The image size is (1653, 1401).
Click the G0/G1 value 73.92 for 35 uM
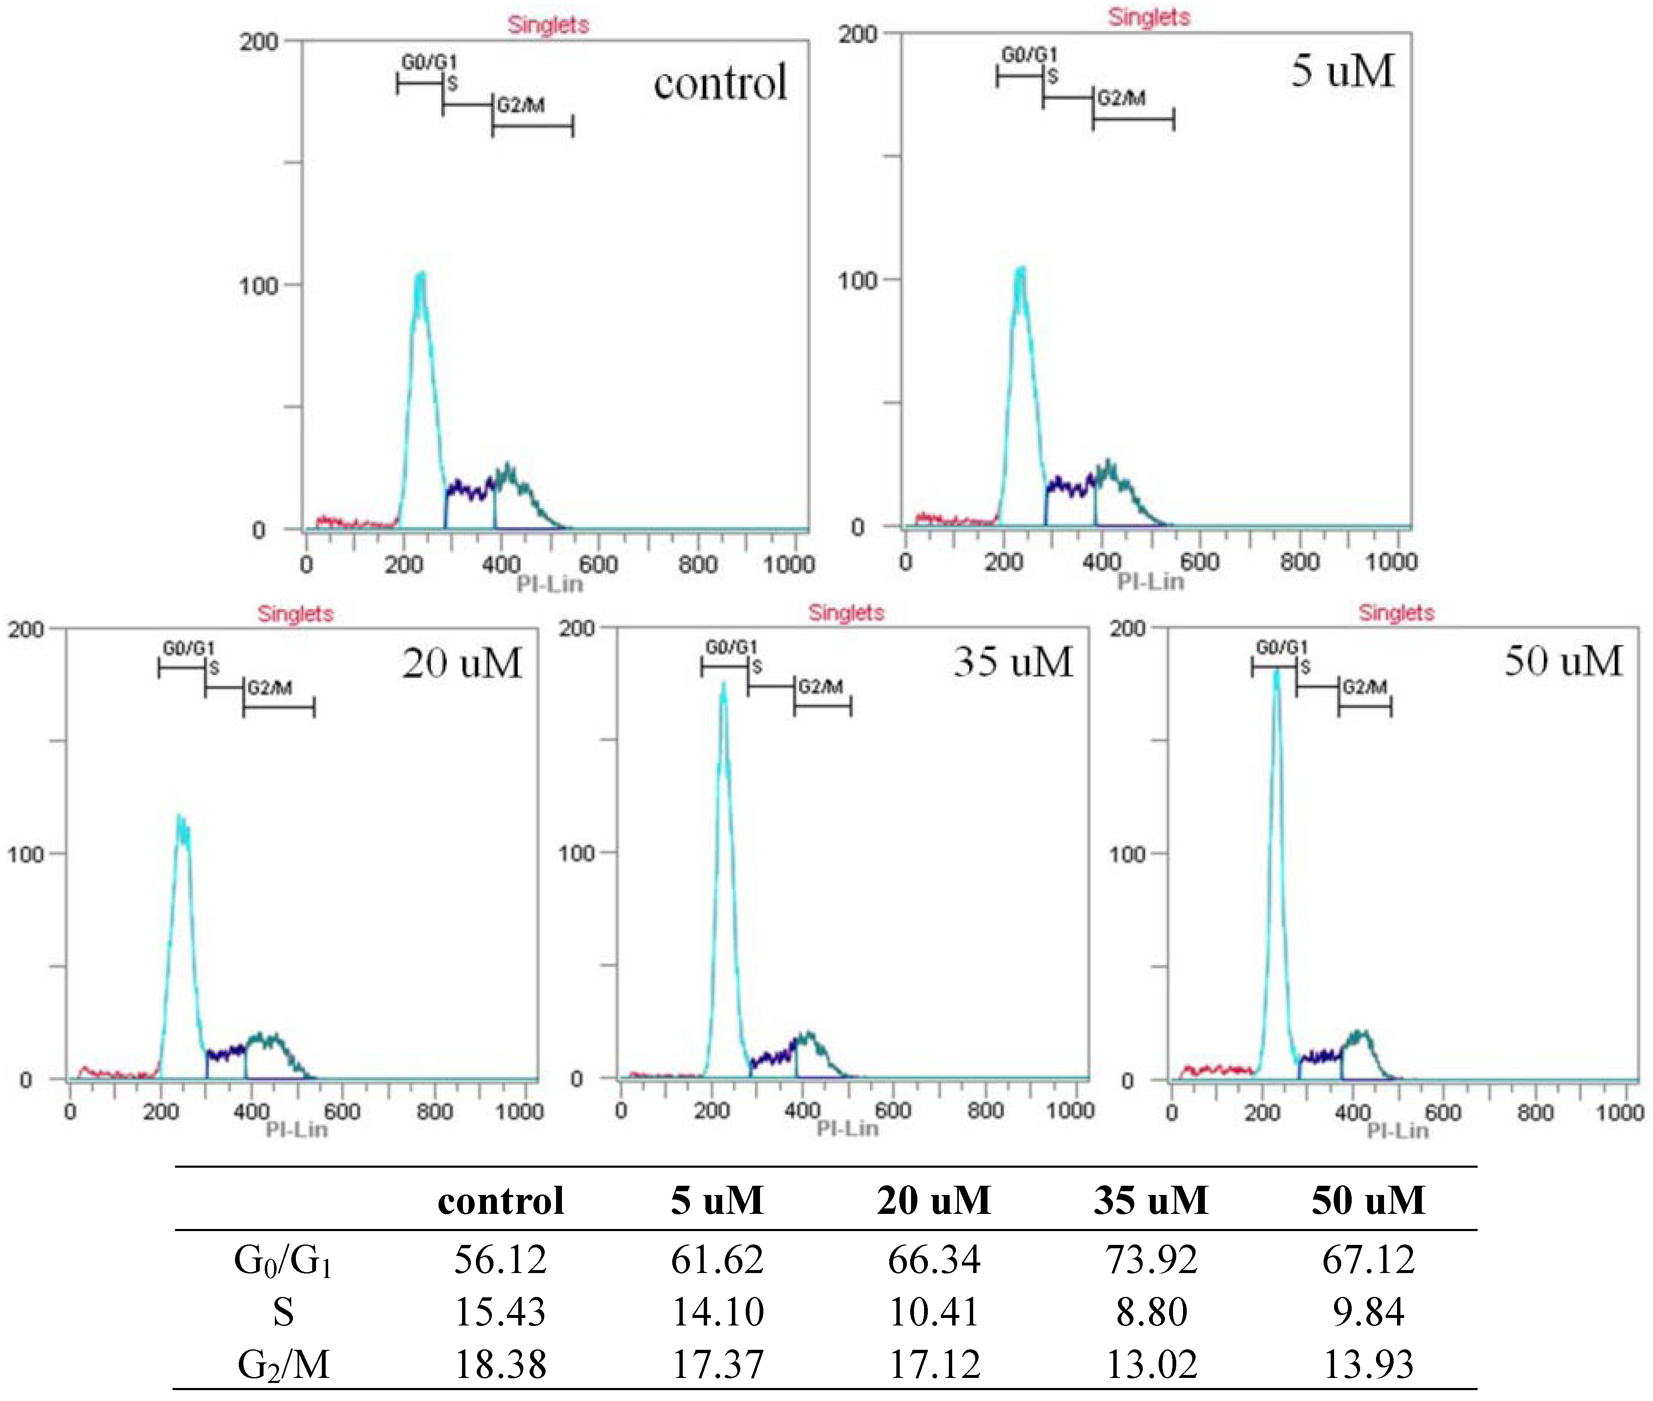click(x=1151, y=1260)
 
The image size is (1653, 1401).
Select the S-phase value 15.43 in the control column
click(x=500, y=1312)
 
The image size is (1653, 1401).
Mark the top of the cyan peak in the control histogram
click(x=420, y=275)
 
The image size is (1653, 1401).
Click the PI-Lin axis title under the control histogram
click(x=550, y=584)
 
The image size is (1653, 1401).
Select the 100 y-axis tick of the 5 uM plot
click(x=858, y=279)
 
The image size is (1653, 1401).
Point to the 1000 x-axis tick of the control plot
click(x=789, y=565)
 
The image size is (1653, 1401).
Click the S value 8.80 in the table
click(x=1151, y=1312)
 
